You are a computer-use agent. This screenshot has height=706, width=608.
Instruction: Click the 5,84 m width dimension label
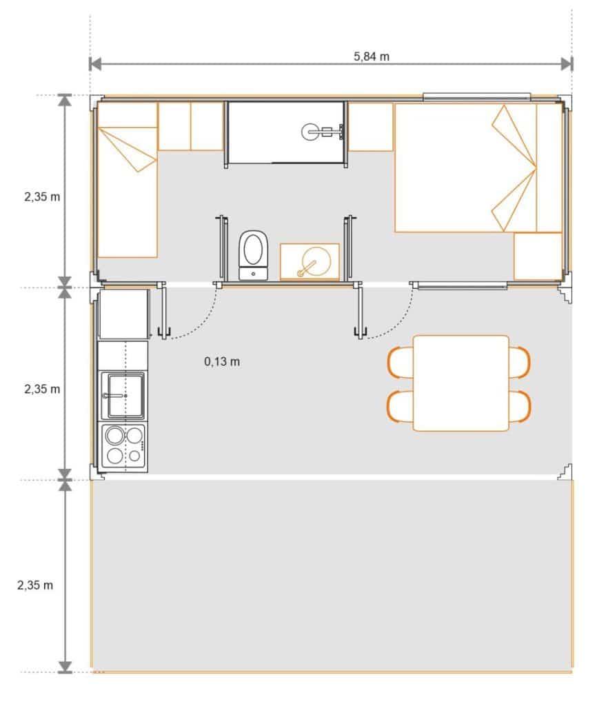(372, 57)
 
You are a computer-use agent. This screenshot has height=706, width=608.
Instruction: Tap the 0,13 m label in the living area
(222, 361)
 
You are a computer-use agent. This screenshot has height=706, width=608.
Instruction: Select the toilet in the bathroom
(254, 255)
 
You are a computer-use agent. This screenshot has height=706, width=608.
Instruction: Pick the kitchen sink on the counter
(123, 396)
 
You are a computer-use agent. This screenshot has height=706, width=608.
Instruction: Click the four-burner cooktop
(123, 447)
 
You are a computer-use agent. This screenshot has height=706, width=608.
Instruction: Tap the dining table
(461, 383)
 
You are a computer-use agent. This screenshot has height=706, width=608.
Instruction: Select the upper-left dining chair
(400, 363)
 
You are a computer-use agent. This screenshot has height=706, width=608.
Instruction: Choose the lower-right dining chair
(520, 407)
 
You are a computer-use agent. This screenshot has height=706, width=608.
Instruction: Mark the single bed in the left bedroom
(128, 180)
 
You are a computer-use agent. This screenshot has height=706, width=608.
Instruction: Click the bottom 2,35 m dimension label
(35, 585)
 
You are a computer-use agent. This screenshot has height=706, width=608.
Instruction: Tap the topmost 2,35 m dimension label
(42, 196)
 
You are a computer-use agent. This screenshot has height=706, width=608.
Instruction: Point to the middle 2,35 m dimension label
(42, 389)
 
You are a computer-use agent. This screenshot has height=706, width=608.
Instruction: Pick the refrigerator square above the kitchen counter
(124, 314)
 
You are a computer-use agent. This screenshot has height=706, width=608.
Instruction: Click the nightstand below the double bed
(538, 256)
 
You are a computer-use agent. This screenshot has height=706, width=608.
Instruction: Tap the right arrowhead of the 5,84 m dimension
(567, 64)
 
